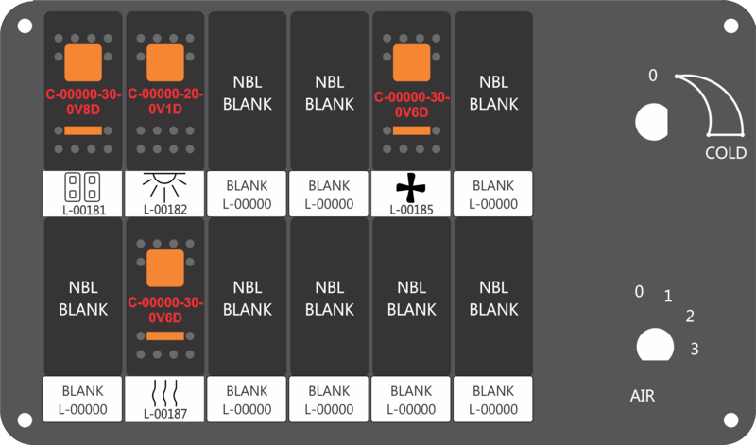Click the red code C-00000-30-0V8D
pos(83,102)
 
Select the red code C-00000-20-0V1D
pos(165,102)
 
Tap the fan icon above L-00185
pos(411,188)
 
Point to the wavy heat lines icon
pos(164,393)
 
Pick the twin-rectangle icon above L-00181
pos(82,187)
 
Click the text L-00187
pos(164,414)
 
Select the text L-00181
pos(84,210)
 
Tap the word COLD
pos(726,153)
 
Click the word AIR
pos(643,396)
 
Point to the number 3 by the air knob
pos(695,349)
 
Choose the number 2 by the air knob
pos(690,317)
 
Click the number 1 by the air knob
pos(668,296)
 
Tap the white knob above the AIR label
pos(655,345)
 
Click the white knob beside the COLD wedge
pos(652,122)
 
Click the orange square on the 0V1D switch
pos(165,62)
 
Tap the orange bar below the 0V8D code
pos(83,130)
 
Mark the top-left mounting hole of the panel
pos(25,26)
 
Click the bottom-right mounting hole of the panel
pos(730,419)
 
